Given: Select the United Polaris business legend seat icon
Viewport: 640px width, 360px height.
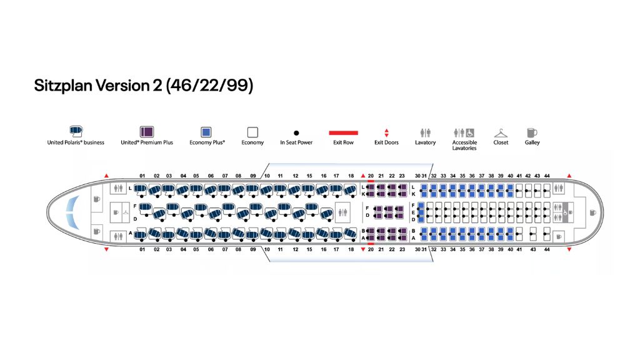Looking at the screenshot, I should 76,131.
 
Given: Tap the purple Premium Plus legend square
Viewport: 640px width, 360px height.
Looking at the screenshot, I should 147,132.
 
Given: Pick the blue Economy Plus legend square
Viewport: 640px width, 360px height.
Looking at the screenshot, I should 207,132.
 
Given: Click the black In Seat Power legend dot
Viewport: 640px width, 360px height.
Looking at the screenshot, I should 296,132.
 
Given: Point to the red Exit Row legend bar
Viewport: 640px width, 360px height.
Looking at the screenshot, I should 344,132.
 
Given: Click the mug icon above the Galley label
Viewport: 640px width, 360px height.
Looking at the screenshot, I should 532,132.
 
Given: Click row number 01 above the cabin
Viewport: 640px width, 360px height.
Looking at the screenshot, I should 142,176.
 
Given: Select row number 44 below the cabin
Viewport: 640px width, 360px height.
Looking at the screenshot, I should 547,249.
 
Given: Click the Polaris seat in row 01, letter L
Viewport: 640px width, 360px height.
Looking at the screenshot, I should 141,188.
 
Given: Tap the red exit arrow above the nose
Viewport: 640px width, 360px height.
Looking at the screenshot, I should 106,176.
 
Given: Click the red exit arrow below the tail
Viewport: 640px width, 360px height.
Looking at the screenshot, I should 569,249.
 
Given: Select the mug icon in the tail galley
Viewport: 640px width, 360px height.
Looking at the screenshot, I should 592,212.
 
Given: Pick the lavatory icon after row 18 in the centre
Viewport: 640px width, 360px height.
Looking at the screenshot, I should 342,212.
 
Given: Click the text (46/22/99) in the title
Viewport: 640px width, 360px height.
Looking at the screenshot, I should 209,86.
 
